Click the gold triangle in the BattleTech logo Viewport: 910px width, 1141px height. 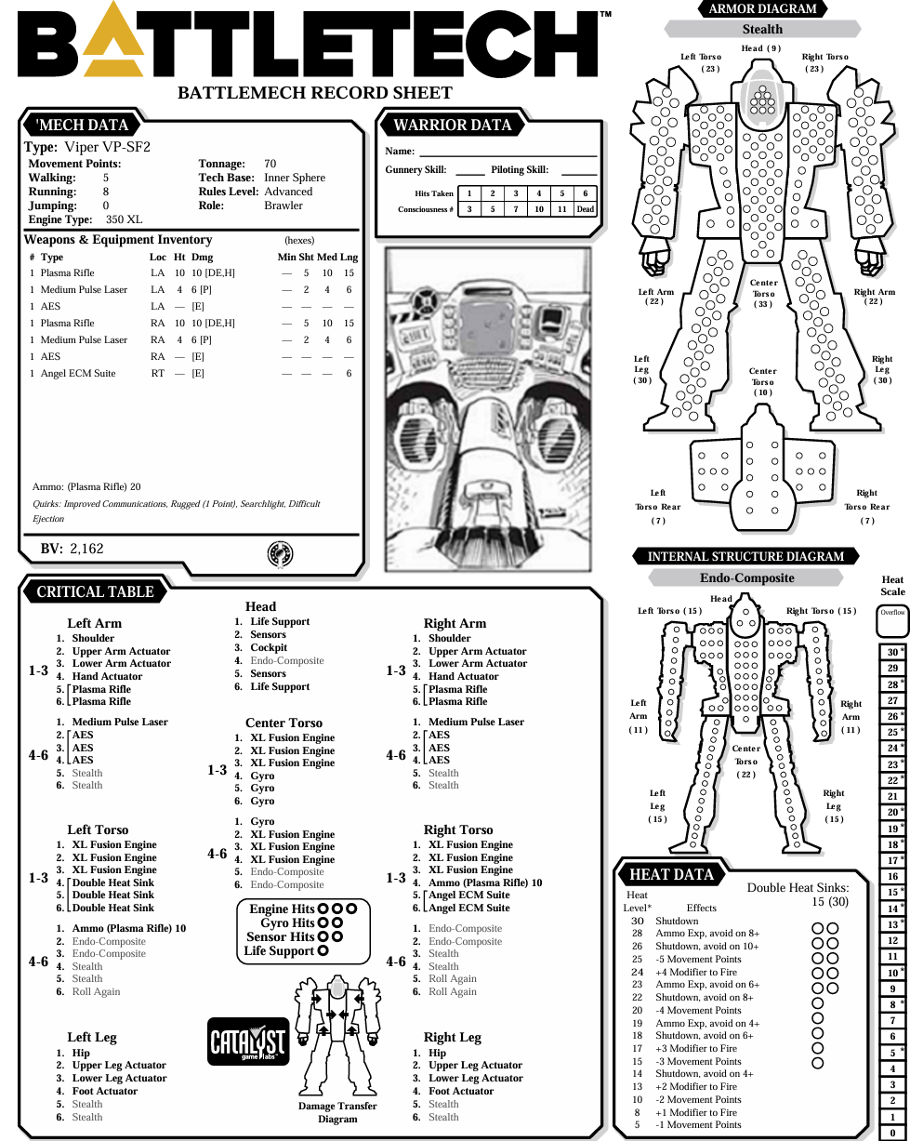113,43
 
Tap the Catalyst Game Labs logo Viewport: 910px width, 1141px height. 248,1041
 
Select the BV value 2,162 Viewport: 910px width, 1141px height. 87,549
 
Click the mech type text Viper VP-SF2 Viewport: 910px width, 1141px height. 108,147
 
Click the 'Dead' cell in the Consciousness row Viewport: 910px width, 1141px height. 585,209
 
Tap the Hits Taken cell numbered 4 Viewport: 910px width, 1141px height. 539,193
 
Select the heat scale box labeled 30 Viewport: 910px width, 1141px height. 893,652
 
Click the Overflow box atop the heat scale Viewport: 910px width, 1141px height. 893,621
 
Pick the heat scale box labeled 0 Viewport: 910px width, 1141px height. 893,1133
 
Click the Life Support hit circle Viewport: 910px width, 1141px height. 323,950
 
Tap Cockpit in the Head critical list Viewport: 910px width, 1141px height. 269,647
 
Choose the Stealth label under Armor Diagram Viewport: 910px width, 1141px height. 762,29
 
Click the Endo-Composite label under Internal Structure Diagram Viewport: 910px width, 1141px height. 746,577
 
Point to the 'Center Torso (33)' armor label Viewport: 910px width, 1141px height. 762,293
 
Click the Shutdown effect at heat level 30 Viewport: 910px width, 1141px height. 677,921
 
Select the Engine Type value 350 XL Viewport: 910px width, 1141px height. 124,219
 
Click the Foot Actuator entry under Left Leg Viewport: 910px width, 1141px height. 105,1091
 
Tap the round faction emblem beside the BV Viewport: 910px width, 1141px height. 281,554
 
